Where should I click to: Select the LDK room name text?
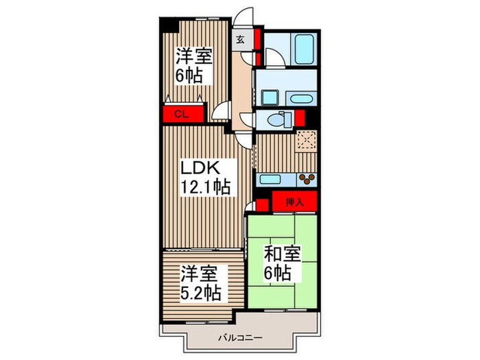pos(200,168)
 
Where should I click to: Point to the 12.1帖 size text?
pos(205,187)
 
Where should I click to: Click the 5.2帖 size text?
pos(201,293)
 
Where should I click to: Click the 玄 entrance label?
pos(241,39)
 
